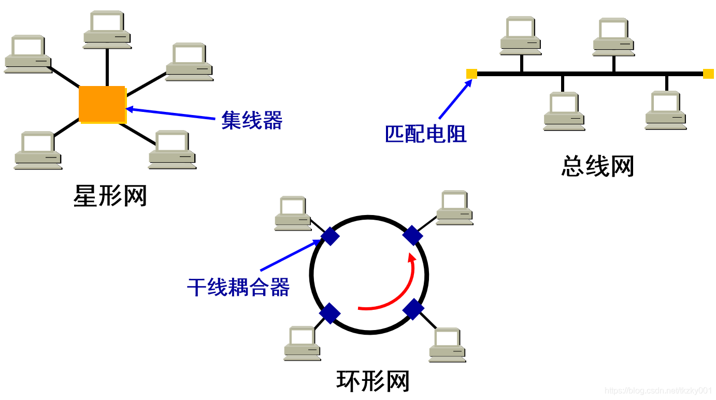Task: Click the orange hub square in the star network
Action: [x=103, y=105]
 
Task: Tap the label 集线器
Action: [x=252, y=120]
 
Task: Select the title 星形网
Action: [x=110, y=196]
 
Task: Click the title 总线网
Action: [x=597, y=166]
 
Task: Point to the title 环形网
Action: [x=373, y=381]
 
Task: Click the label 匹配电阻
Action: [x=426, y=134]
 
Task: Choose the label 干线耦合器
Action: [x=238, y=287]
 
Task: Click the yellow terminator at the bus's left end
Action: [x=471, y=74]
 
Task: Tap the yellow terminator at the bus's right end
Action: [x=708, y=74]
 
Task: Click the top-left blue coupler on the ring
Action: [x=330, y=237]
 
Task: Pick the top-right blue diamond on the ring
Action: [x=413, y=235]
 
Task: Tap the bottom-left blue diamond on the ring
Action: [x=330, y=313]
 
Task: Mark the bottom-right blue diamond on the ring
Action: [x=413, y=309]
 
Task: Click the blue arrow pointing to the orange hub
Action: [x=171, y=114]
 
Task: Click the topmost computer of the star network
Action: [x=107, y=29]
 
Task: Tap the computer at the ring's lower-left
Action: [x=303, y=343]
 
